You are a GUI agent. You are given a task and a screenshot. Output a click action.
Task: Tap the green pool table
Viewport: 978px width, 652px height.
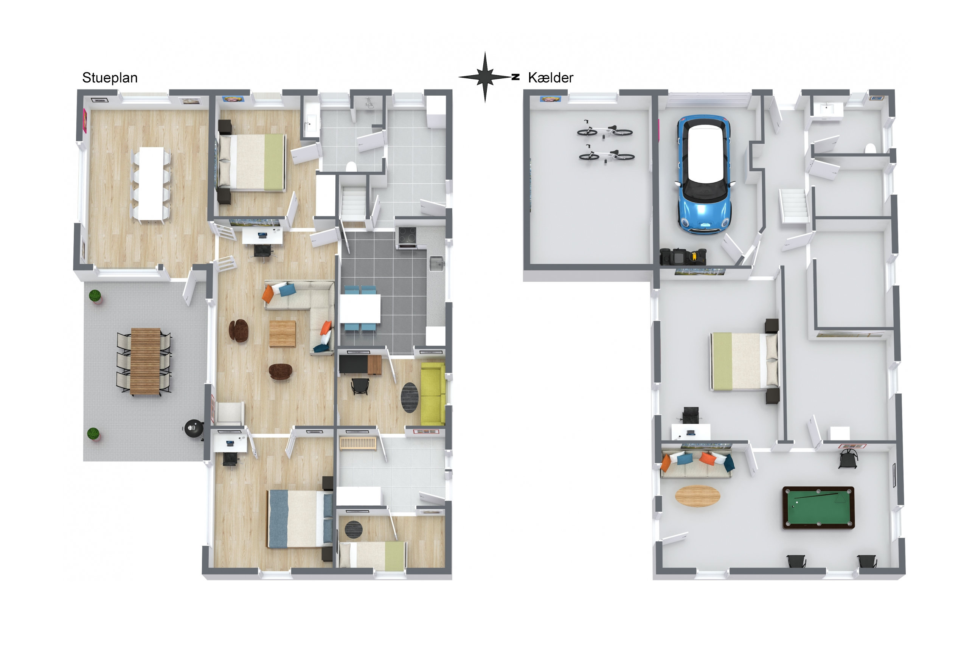[818, 508]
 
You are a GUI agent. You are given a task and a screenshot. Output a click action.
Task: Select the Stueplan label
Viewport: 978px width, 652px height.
[110, 78]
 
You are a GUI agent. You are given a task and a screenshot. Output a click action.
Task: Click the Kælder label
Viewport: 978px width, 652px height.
[551, 78]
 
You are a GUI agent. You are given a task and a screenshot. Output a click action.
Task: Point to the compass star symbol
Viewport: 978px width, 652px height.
[485, 77]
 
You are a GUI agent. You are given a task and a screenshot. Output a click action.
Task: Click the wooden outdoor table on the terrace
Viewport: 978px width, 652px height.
[146, 361]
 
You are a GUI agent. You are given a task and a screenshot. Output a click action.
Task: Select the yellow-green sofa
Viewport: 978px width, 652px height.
[433, 394]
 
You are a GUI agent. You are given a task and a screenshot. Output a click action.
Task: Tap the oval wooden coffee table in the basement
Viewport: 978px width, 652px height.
[697, 496]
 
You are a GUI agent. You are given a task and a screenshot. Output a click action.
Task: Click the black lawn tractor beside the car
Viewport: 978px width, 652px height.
[683, 257]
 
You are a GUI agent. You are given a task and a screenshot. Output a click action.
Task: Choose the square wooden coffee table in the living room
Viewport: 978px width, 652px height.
[283, 334]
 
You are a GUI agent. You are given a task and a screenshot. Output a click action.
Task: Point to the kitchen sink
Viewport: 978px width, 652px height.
[436, 264]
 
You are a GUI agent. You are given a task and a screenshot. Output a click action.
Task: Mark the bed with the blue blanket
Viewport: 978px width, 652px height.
[300, 518]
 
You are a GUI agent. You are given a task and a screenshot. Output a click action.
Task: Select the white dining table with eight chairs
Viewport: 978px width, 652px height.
[151, 183]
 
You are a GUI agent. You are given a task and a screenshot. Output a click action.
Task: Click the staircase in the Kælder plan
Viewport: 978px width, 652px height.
[793, 206]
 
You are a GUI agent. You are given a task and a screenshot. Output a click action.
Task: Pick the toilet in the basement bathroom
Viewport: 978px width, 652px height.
[870, 149]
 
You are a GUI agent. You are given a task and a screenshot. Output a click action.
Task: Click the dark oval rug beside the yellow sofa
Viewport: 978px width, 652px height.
[410, 397]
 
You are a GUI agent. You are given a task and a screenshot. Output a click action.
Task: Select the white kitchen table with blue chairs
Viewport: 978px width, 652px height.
[360, 309]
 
